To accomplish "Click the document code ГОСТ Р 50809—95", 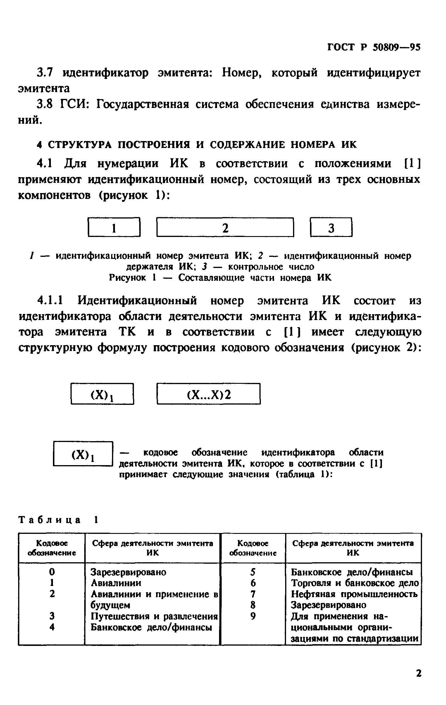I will click(373, 47).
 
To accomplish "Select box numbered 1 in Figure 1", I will click(114, 228).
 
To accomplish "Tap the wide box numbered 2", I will click(225, 228).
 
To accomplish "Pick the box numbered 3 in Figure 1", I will click(331, 228).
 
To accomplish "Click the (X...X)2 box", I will click(208, 394).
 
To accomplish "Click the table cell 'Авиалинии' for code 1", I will click(116, 583).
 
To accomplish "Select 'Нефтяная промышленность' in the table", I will click(354, 594).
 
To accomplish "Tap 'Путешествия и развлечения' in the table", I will click(154, 616).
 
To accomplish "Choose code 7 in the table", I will click(253, 594).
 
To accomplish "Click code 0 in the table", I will click(52, 572).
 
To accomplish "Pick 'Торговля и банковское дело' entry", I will click(355, 583).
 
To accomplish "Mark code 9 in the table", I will click(253, 616).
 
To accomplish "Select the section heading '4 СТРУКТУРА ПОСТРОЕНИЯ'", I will click(197, 145).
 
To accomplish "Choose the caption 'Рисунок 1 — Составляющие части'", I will click(220, 278).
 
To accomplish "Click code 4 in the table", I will click(52, 627).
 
